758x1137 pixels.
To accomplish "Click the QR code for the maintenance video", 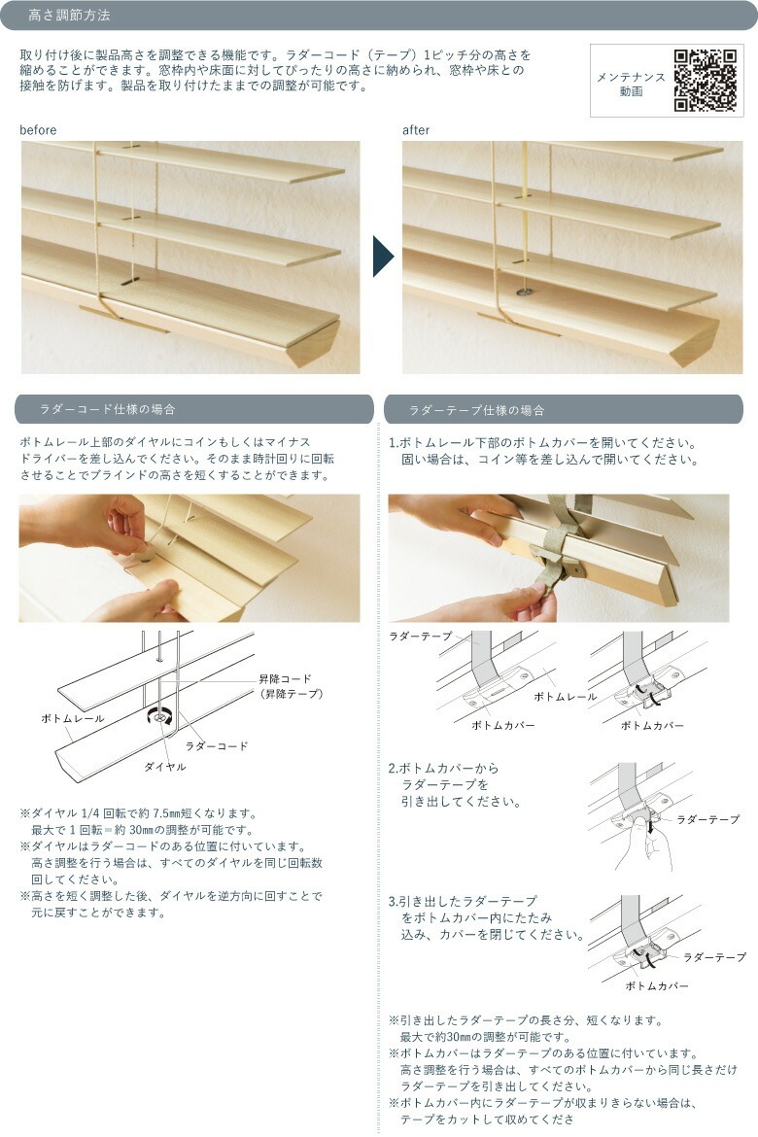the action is click(x=705, y=80).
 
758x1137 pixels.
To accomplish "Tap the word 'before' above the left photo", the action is click(x=38, y=130).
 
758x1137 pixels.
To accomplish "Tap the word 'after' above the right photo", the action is click(x=416, y=130).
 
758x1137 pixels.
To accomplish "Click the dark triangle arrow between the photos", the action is click(x=383, y=256).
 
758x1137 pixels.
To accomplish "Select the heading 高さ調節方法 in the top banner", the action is click(x=69, y=16).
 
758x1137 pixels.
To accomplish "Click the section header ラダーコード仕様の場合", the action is click(x=107, y=409).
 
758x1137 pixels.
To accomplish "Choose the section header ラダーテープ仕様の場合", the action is click(x=476, y=410).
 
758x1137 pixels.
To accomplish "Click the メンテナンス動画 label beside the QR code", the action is click(x=631, y=85).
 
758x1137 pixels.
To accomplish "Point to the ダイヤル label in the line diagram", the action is click(x=164, y=767).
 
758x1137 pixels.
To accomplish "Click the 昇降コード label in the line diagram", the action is click(x=285, y=678).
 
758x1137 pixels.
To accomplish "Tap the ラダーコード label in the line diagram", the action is click(x=216, y=745).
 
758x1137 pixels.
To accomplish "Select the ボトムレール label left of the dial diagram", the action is click(x=73, y=718).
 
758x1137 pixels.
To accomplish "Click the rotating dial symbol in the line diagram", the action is click(x=159, y=716).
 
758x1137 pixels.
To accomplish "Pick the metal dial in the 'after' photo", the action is click(x=523, y=293).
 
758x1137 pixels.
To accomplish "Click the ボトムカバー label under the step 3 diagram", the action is click(x=657, y=986).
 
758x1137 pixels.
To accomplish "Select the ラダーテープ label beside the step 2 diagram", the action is click(x=707, y=819).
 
